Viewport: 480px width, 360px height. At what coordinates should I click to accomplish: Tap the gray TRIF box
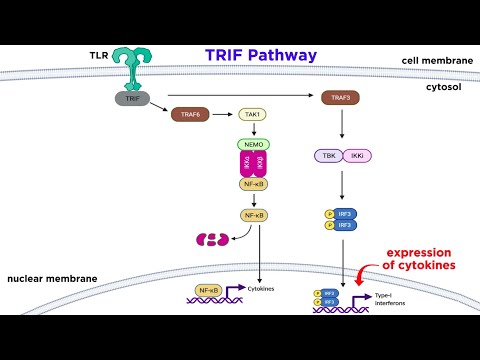tap(132, 98)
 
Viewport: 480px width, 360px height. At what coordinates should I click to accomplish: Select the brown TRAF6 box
tap(190, 115)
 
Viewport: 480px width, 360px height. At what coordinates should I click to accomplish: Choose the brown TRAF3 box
tap(342, 98)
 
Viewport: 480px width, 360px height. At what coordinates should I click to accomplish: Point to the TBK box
tap(327, 157)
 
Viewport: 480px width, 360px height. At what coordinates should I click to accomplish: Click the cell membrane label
tap(436, 60)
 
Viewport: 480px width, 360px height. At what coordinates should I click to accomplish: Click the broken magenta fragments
tap(211, 240)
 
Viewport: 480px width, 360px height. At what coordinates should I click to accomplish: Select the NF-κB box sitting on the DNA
tap(210, 290)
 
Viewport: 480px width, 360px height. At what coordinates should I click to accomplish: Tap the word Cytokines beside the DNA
tap(262, 289)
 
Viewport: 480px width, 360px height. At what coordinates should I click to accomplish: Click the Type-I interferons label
tap(393, 301)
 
